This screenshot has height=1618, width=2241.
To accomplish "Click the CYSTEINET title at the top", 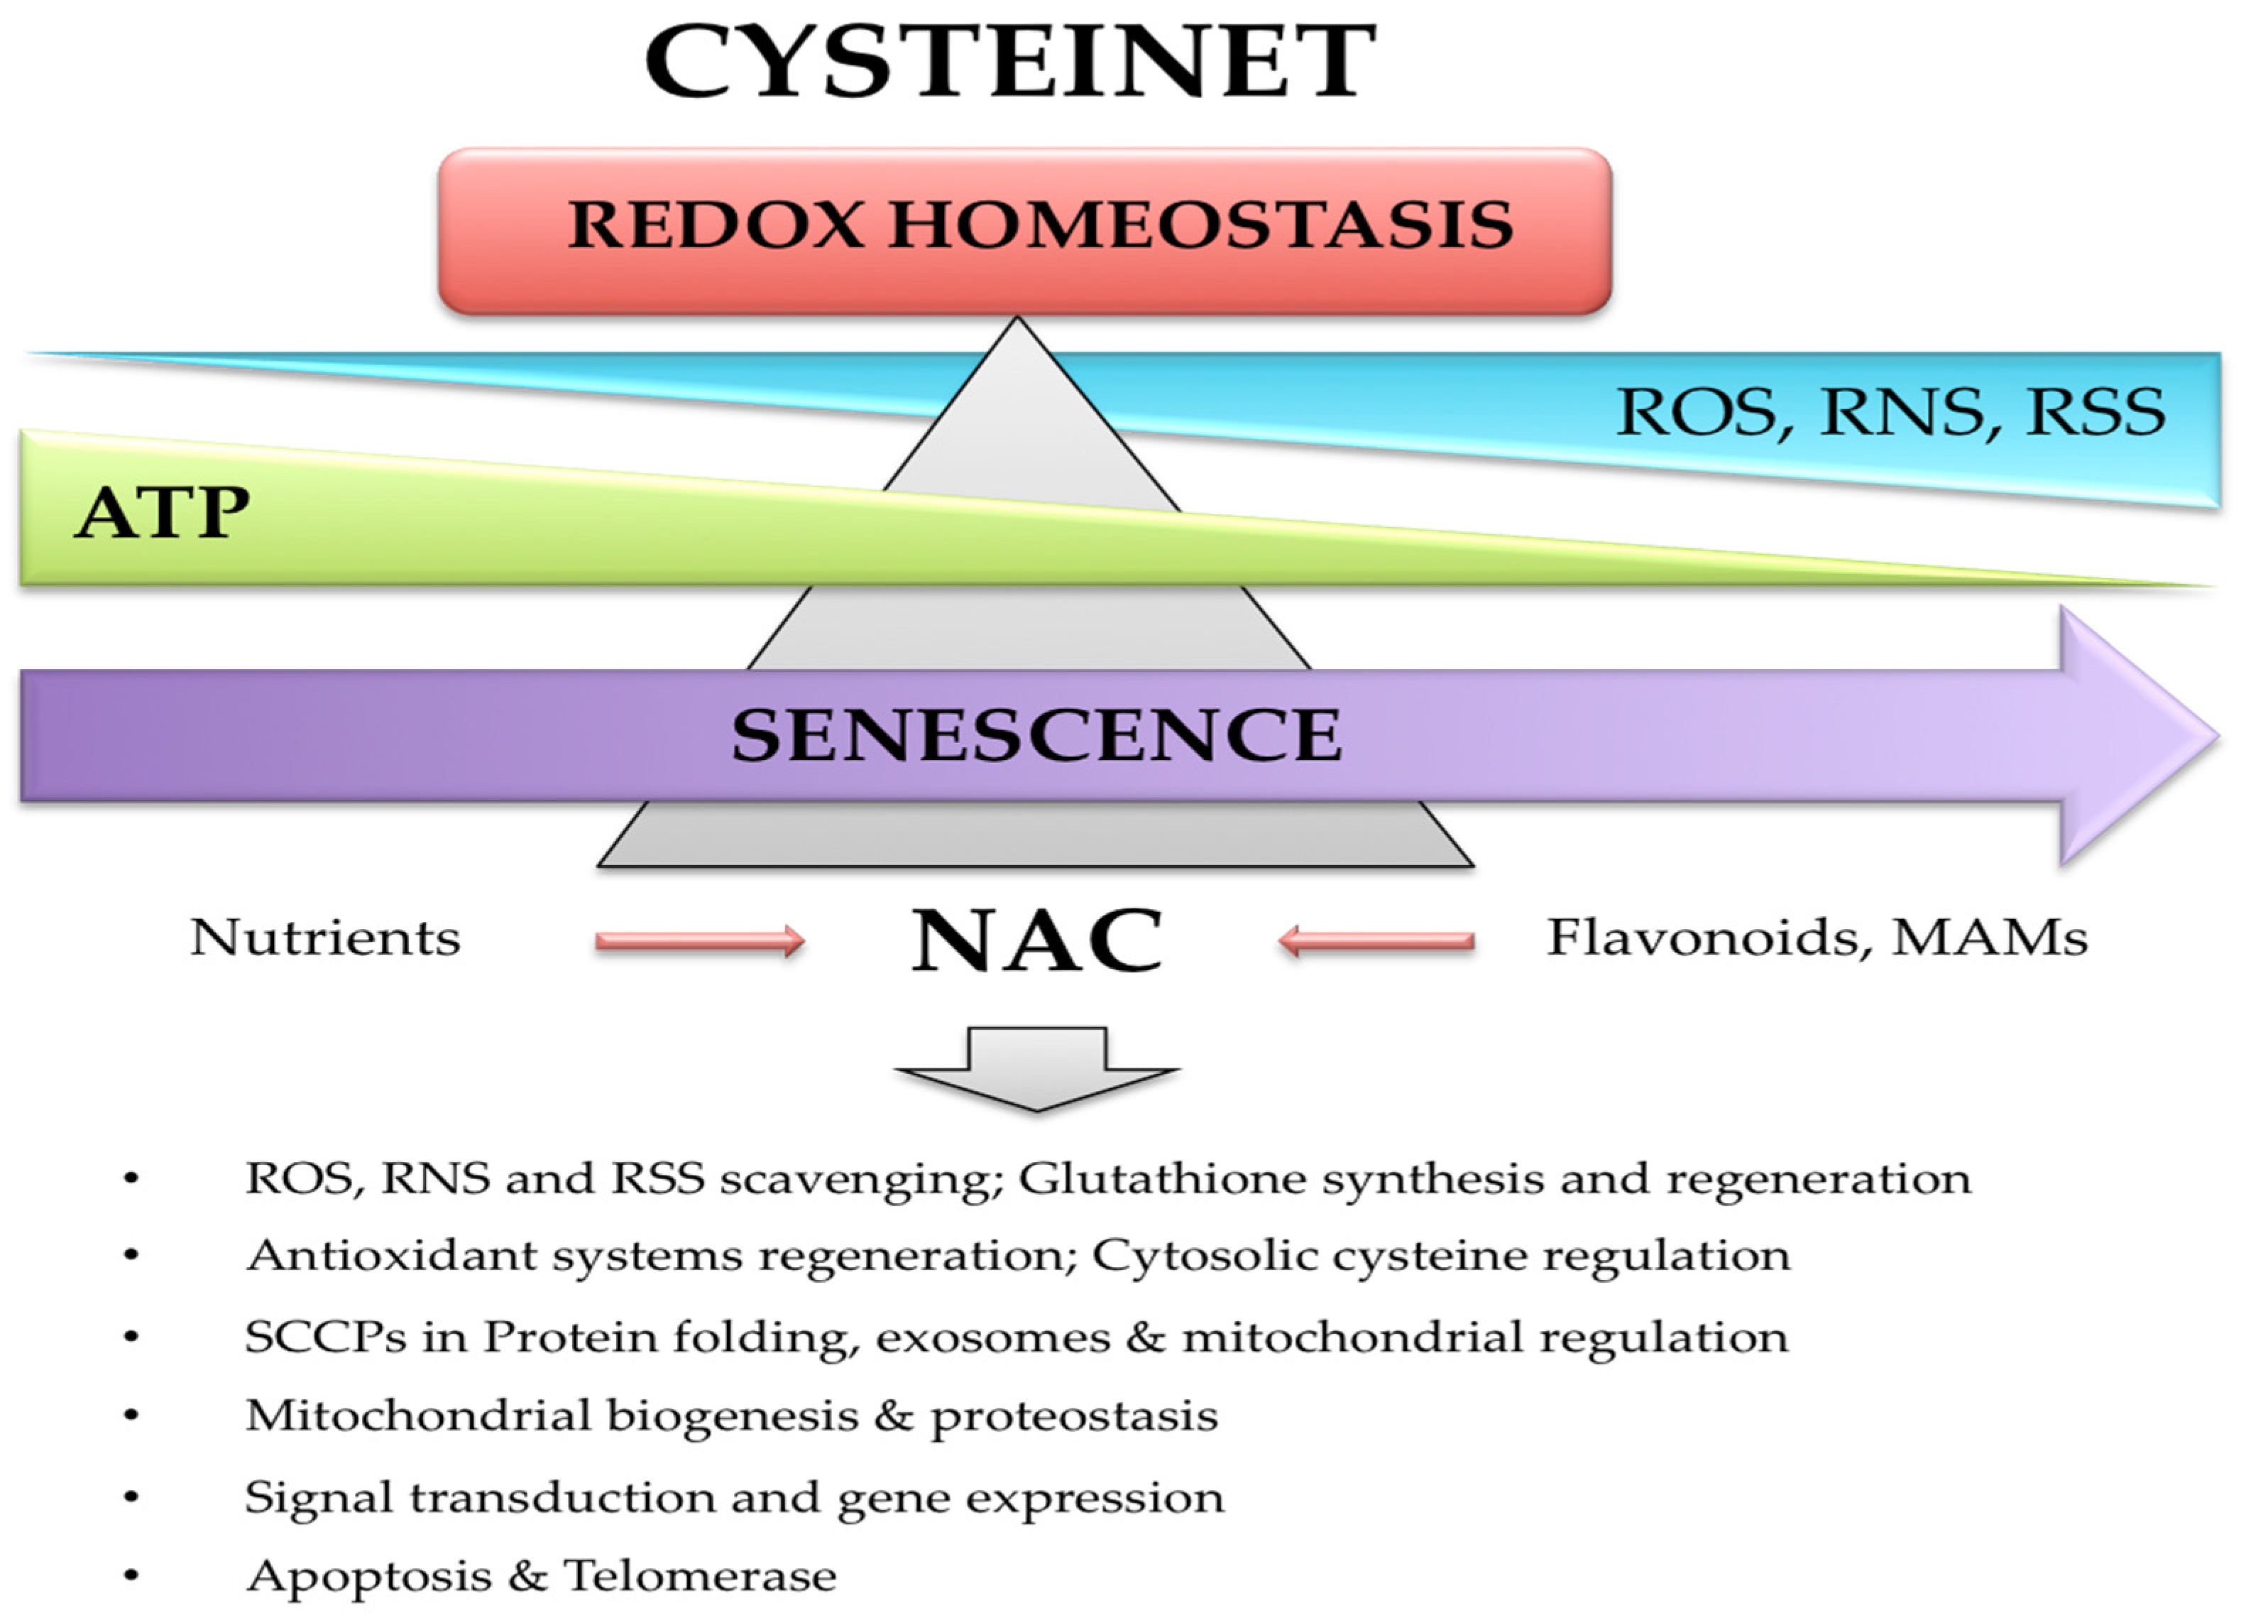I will [1010, 61].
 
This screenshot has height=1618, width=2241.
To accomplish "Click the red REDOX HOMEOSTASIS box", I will [1024, 229].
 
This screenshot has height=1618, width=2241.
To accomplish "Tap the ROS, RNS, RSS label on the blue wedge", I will [1889, 412].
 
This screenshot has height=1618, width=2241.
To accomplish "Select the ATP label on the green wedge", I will [162, 512].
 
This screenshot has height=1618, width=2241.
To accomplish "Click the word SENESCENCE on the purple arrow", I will [1036, 735].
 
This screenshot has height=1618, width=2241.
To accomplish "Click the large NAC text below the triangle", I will [1036, 941].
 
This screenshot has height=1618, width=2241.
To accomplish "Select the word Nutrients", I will [325, 937].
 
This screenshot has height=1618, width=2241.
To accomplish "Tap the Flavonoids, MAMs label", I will [1816, 937].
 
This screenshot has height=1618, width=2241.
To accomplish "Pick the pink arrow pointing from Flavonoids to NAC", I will [1376, 941].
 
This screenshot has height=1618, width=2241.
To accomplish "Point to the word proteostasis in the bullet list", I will [1073, 1416].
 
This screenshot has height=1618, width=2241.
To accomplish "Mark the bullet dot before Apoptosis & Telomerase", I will [131, 1575].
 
